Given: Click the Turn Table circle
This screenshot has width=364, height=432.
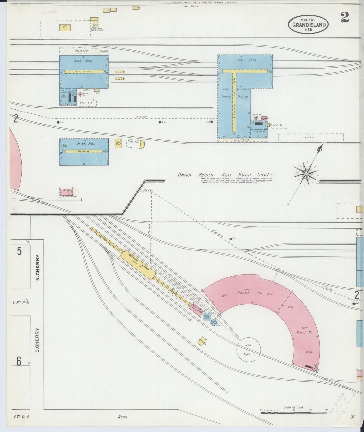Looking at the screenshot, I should [x=248, y=349].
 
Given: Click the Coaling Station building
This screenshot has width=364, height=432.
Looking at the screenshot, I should [x=138, y=265].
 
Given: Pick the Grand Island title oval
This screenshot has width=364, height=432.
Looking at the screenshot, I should [x=309, y=25].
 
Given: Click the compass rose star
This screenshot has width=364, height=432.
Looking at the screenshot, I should [x=306, y=174].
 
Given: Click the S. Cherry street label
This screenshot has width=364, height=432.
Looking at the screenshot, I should [x=37, y=340].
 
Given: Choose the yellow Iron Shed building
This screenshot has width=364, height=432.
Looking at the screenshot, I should [x=118, y=143].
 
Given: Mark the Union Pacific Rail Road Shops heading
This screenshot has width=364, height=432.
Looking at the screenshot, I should [x=226, y=175].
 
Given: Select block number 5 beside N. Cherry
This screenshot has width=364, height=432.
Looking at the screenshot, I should [x=19, y=251].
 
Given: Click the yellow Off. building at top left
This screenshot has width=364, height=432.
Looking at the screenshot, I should [x=65, y=27].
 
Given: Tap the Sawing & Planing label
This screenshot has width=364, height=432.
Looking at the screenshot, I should [x=234, y=97].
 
